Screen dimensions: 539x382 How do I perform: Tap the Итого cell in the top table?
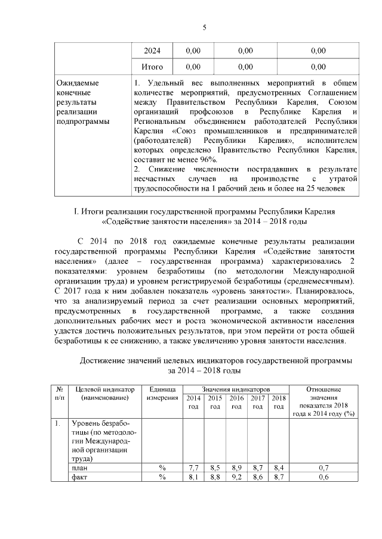click(x=152, y=67)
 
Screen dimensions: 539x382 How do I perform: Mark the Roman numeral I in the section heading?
click(x=75, y=211)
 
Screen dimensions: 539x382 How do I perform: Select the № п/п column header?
click(x=60, y=393)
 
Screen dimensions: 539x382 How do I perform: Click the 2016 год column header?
click(x=236, y=402)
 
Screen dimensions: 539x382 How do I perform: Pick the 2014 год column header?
click(x=193, y=402)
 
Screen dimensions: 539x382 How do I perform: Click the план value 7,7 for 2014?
click(x=193, y=468)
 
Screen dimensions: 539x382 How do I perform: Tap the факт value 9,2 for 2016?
click(x=236, y=478)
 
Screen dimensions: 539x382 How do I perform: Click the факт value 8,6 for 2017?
click(x=257, y=478)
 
